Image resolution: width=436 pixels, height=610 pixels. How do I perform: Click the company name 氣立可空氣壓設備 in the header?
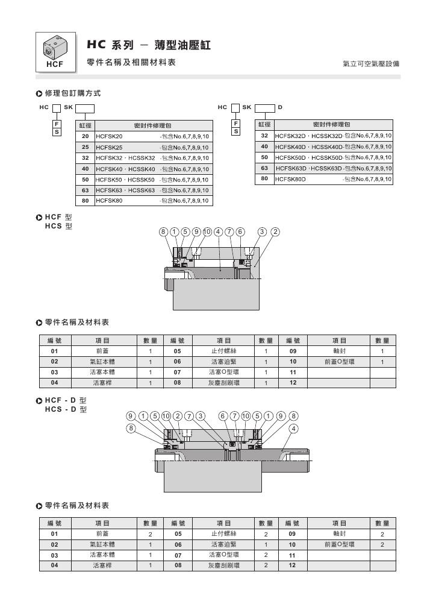click(371, 63)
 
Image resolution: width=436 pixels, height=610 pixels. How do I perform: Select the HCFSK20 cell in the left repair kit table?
click(109, 137)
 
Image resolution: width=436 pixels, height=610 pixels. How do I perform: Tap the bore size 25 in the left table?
click(85, 147)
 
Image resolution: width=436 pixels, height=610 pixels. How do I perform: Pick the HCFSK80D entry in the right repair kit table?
click(290, 180)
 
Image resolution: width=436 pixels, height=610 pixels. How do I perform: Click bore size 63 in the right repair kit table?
click(264, 168)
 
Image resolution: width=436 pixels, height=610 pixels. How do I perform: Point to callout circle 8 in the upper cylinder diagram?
click(163, 232)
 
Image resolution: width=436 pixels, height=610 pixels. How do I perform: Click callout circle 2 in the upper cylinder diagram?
click(275, 232)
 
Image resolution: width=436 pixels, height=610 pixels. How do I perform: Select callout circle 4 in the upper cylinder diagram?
click(219, 232)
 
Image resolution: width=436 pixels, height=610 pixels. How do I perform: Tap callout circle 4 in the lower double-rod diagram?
click(294, 429)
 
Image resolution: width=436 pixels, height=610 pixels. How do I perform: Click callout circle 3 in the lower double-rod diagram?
click(201, 417)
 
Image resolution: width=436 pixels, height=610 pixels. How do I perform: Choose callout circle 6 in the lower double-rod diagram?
click(223, 417)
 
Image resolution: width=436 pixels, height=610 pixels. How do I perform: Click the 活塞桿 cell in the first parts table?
click(102, 383)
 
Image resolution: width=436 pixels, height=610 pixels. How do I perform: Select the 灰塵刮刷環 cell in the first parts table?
click(224, 383)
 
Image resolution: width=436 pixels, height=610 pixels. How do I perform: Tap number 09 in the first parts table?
click(293, 351)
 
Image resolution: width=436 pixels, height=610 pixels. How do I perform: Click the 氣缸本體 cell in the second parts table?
click(102, 544)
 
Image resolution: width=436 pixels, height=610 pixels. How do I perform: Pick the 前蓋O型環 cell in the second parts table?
click(340, 544)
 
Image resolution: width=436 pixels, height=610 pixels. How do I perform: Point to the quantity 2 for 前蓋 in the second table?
click(151, 534)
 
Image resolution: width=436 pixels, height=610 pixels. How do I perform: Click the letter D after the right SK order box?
click(280, 107)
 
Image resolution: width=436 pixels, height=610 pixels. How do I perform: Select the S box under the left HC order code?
click(57, 131)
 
